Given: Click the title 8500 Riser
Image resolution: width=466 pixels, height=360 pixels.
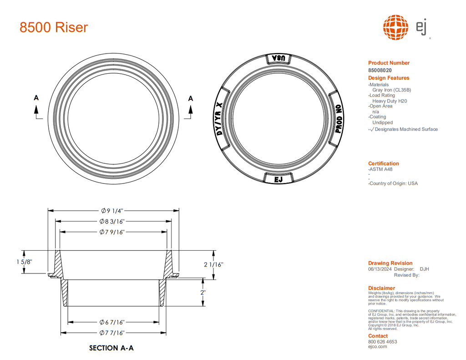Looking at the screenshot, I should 54,27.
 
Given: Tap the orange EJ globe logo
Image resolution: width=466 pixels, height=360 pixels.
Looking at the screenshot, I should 395,27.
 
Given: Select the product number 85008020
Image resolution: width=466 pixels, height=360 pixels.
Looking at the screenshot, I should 380,71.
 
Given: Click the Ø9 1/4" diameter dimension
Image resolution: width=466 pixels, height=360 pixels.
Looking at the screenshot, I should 112,211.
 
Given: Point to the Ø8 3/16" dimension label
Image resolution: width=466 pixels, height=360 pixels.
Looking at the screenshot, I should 112,222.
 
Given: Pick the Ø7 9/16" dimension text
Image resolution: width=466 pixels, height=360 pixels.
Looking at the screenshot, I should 112,232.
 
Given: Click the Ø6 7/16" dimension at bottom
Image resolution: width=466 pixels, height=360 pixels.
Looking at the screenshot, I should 112,322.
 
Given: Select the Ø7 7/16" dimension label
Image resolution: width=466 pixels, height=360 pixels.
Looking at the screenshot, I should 112,333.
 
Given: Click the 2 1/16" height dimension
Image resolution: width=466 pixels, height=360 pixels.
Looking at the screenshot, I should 213,264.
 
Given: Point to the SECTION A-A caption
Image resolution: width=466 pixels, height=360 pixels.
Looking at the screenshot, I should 111,348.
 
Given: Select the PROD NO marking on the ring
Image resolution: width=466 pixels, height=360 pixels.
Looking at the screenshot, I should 338,119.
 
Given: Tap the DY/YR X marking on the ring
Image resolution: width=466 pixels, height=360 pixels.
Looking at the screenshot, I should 219,119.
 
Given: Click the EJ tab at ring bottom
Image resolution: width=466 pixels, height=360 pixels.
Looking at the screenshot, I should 279,179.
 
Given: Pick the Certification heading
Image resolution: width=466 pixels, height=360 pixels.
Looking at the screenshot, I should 383,163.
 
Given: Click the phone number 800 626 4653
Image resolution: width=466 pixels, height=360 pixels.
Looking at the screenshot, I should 382,342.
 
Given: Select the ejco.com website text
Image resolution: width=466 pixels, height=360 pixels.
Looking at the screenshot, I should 377,347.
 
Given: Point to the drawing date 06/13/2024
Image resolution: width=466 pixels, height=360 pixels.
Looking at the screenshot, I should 380,269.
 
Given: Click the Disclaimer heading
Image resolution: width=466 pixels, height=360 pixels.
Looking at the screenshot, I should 381,288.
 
